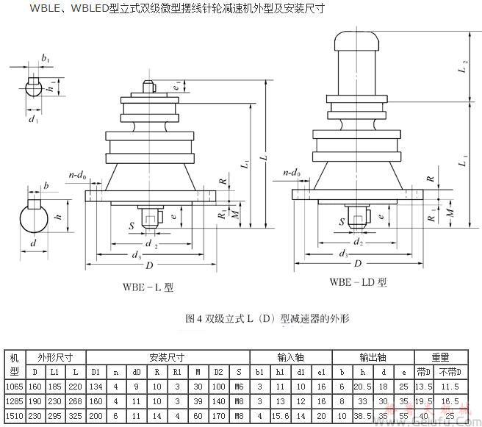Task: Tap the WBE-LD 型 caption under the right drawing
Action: tap(358, 281)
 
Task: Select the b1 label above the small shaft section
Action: tap(46, 57)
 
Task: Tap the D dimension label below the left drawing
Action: tap(150, 265)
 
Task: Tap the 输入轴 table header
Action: tap(290, 357)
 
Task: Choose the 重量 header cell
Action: tap(440, 357)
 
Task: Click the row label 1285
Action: tap(14, 402)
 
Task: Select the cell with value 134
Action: tap(95, 386)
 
